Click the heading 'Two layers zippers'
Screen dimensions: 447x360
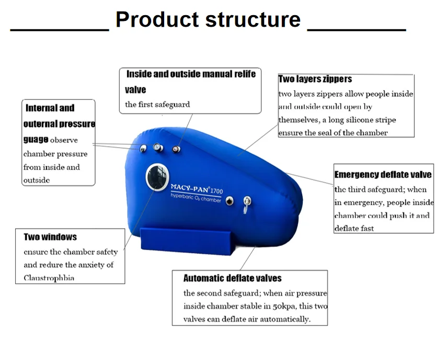point(315,79)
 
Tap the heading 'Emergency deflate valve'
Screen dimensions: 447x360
point(383,174)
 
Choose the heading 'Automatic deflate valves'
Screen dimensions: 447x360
point(232,278)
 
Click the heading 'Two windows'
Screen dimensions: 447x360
point(50,237)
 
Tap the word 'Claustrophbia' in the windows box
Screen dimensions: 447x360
point(49,278)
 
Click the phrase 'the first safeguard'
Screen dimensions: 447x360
point(157,104)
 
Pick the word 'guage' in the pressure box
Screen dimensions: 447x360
point(36,140)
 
